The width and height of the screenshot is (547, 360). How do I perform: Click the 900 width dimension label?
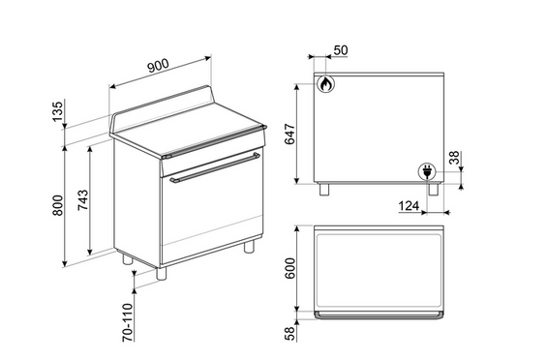point(158,66)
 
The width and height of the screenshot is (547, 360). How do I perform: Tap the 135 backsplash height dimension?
point(58,111)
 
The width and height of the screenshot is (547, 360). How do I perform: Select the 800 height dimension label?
point(58,205)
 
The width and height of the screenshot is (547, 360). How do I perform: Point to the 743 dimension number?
point(82,200)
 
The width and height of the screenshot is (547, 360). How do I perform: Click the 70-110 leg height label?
point(128,322)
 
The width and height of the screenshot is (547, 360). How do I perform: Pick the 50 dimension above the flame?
point(341,50)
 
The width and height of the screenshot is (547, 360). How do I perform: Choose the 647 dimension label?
point(289,134)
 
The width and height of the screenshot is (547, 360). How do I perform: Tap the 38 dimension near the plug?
point(454,158)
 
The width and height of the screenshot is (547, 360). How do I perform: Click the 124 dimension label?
point(409,206)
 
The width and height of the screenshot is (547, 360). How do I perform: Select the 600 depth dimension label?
point(290,268)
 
